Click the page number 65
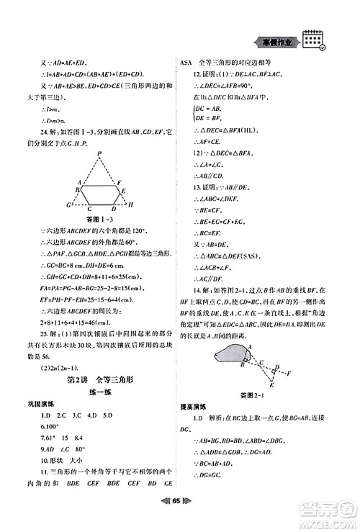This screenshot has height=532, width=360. pyautogui.click(x=180, y=517)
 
